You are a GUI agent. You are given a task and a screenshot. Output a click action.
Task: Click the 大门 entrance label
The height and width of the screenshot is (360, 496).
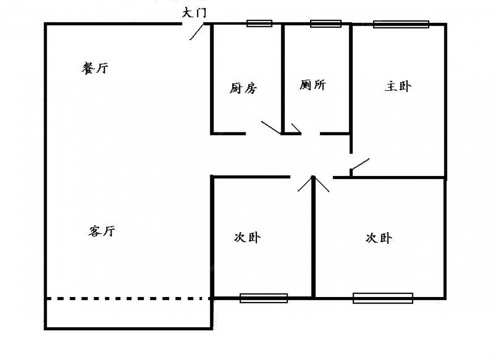(x=194, y=13)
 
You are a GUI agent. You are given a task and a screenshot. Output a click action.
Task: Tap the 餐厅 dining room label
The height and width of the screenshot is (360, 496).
(x=95, y=68)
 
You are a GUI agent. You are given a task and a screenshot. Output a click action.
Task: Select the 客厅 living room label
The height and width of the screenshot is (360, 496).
(x=102, y=231)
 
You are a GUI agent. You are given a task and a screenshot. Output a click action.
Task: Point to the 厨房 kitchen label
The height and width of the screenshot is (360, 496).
(x=243, y=88)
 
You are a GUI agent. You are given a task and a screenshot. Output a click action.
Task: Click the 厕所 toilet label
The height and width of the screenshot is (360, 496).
(x=312, y=85)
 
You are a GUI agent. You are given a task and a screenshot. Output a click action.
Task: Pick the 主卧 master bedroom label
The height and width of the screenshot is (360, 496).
(x=398, y=86)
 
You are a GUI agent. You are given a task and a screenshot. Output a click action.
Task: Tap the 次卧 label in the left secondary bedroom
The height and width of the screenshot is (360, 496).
(x=248, y=237)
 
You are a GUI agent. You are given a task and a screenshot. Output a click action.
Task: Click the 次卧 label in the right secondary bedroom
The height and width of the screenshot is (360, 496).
(x=378, y=238)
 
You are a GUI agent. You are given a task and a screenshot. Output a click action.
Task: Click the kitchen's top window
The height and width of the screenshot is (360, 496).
(x=259, y=23)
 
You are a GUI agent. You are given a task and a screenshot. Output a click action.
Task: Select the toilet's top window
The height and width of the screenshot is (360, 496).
(x=325, y=23)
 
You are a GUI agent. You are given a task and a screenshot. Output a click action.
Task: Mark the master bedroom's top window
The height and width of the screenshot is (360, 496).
(x=401, y=24)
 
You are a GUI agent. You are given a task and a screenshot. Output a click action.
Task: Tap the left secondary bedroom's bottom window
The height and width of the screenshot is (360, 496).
(x=263, y=298)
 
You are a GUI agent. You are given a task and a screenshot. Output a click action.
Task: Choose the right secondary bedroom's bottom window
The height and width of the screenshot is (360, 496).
(x=383, y=298)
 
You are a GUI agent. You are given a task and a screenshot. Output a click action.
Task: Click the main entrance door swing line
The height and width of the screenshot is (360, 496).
(x=196, y=32)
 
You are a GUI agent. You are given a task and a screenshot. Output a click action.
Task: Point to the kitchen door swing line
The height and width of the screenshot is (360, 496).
(x=271, y=127)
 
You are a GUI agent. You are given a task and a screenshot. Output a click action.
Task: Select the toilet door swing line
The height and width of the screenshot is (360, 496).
(x=296, y=128)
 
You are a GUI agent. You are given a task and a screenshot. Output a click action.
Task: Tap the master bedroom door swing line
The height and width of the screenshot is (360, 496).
(x=360, y=164)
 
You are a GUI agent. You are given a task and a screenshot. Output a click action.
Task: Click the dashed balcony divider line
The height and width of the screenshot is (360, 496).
(x=128, y=298)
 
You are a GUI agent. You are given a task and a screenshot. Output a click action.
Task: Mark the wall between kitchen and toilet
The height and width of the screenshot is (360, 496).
(x=283, y=79)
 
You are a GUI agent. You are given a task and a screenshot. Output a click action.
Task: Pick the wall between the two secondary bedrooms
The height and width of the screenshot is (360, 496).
(x=313, y=237)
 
